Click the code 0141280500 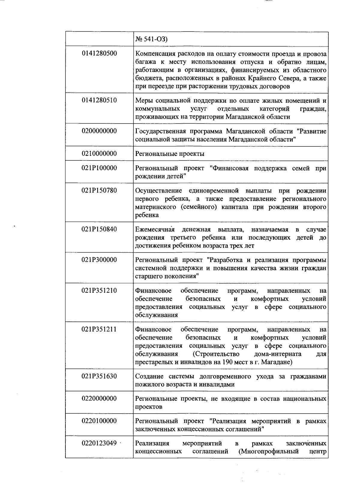99,54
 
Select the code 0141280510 99,100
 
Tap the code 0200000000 99,131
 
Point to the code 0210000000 99,154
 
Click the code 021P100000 99,168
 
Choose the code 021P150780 99,190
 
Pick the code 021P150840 99,229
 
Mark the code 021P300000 99,260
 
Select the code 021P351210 99,291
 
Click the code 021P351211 99,330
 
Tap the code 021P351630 99,376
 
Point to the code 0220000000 99,399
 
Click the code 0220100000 99,421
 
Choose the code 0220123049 99,443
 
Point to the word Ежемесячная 155,230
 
